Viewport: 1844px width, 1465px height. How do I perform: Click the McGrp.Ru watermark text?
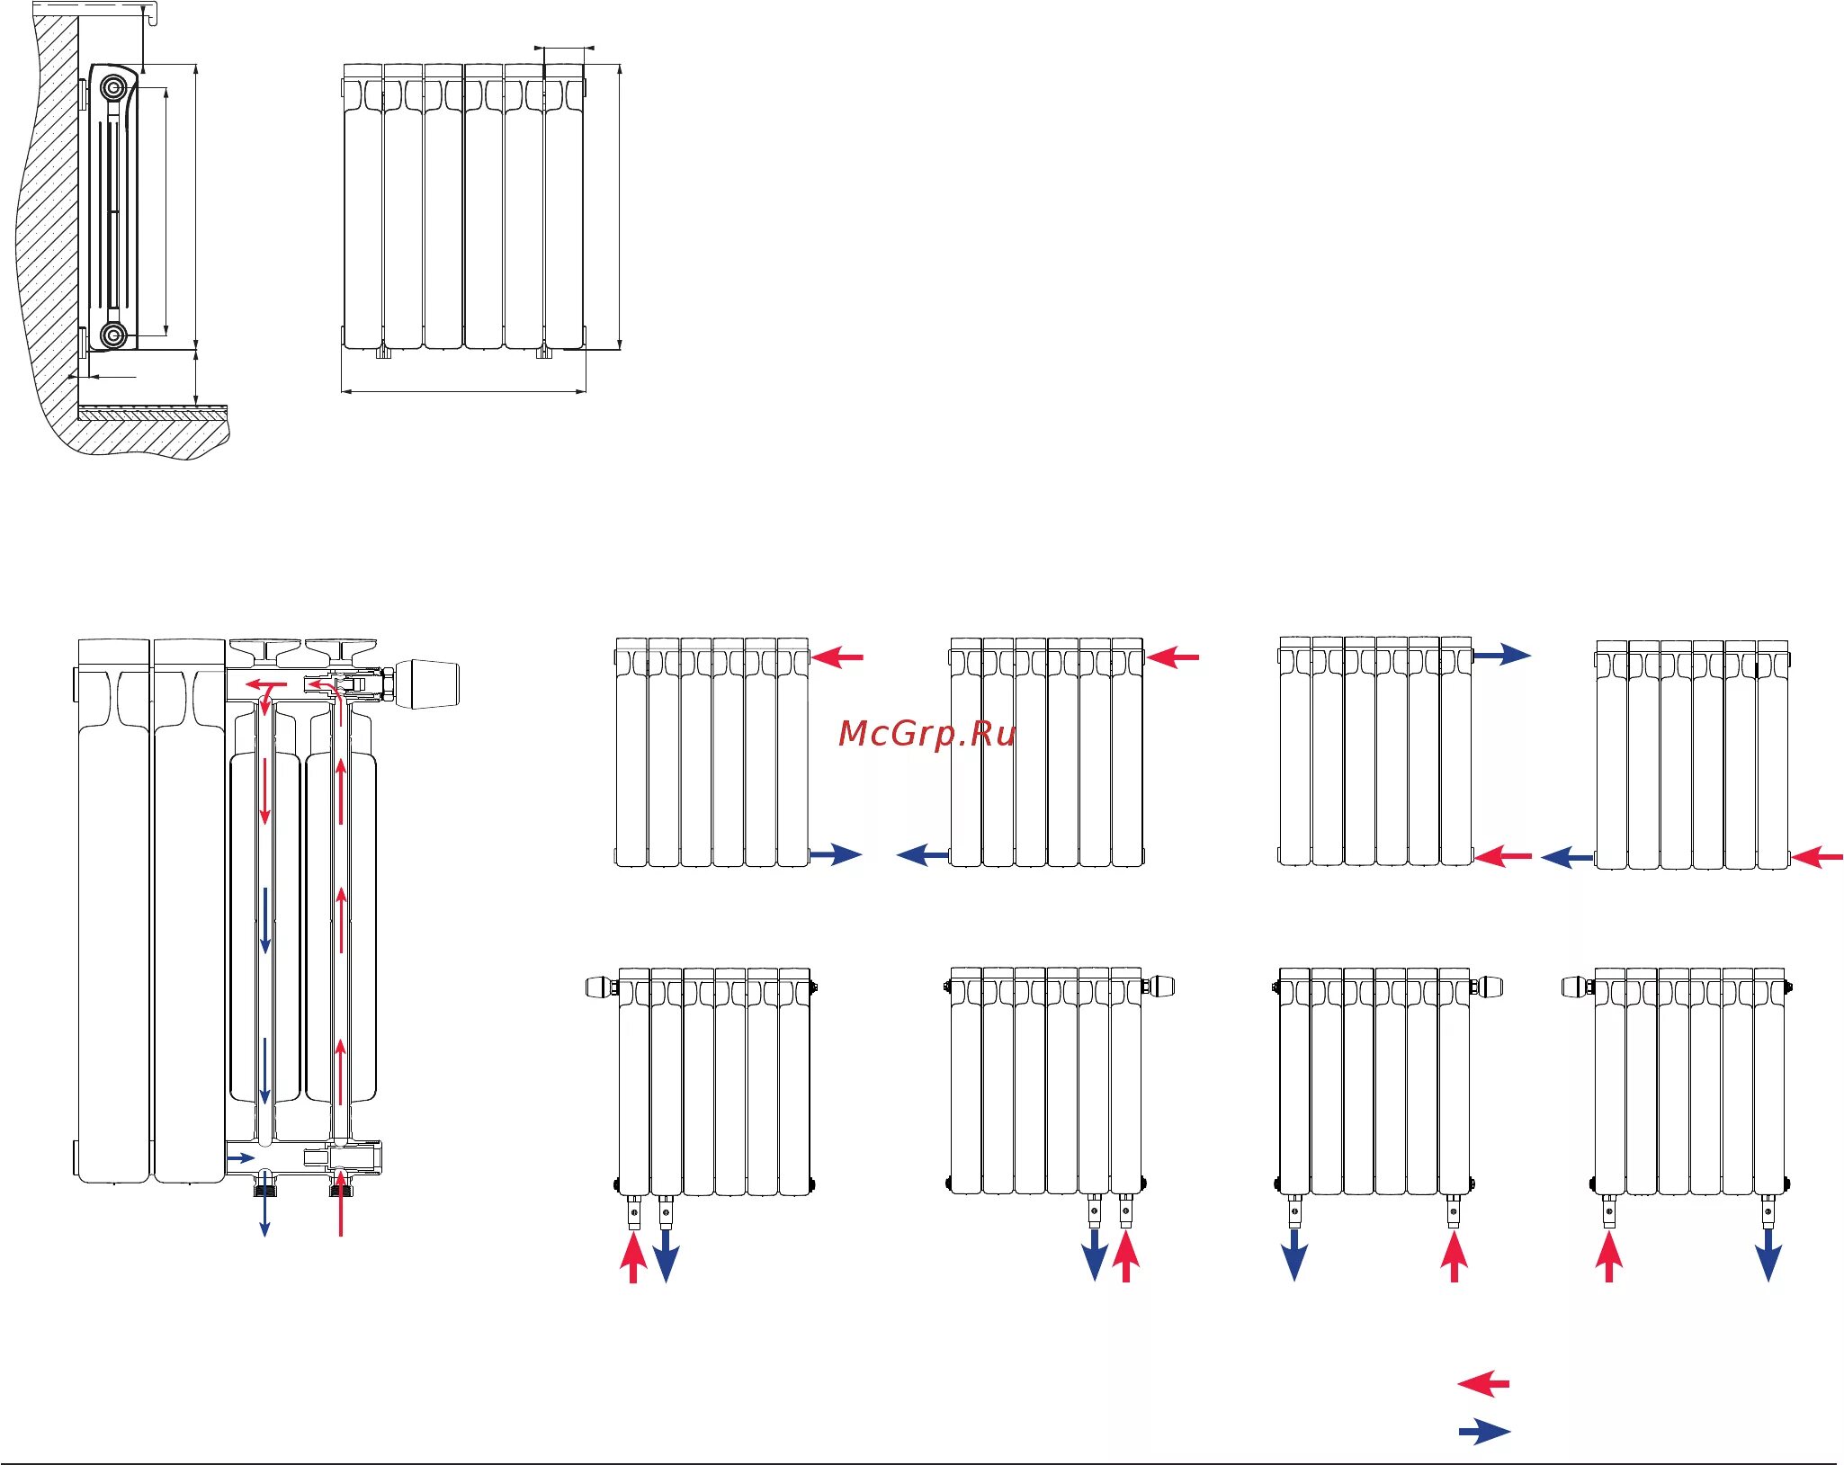(x=926, y=734)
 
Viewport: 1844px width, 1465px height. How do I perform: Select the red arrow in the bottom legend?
(x=1483, y=1383)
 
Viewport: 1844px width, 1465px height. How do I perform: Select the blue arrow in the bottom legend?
(x=1484, y=1431)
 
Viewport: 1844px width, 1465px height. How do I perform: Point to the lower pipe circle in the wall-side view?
(x=113, y=335)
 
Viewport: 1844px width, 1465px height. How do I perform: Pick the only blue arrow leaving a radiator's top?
(x=1501, y=655)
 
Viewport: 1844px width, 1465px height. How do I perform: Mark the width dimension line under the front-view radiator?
(x=463, y=391)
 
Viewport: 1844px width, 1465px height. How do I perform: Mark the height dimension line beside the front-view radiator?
(x=620, y=207)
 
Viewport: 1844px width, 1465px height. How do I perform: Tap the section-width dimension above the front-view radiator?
(x=564, y=48)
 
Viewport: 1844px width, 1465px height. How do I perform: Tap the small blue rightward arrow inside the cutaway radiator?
(x=240, y=1157)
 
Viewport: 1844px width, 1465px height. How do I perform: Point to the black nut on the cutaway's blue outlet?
(x=264, y=1189)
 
